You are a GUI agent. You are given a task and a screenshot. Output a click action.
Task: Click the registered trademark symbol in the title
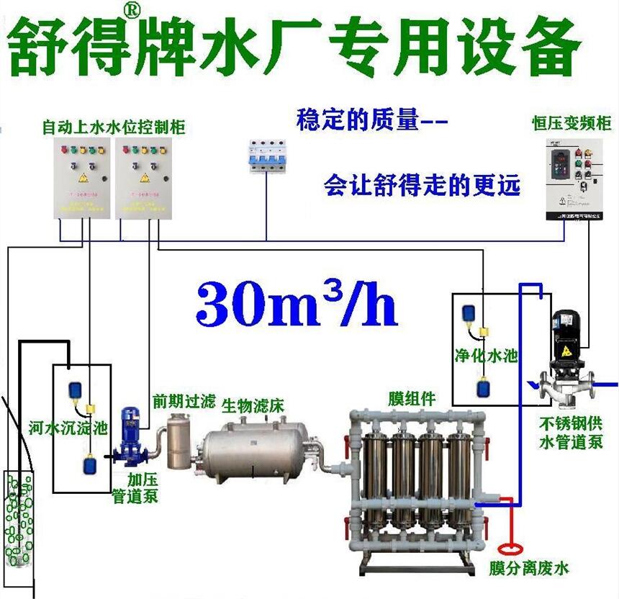(132, 11)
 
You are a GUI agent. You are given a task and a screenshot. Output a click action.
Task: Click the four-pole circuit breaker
(267, 154)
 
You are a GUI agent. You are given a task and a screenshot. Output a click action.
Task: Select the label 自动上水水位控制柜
(114, 127)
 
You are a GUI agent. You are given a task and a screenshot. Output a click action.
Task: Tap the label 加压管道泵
(135, 487)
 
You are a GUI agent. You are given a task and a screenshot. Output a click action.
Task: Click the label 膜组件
(412, 398)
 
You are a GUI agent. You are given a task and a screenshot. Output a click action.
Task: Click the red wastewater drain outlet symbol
(512, 545)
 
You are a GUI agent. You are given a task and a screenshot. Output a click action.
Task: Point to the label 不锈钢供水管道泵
(570, 432)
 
